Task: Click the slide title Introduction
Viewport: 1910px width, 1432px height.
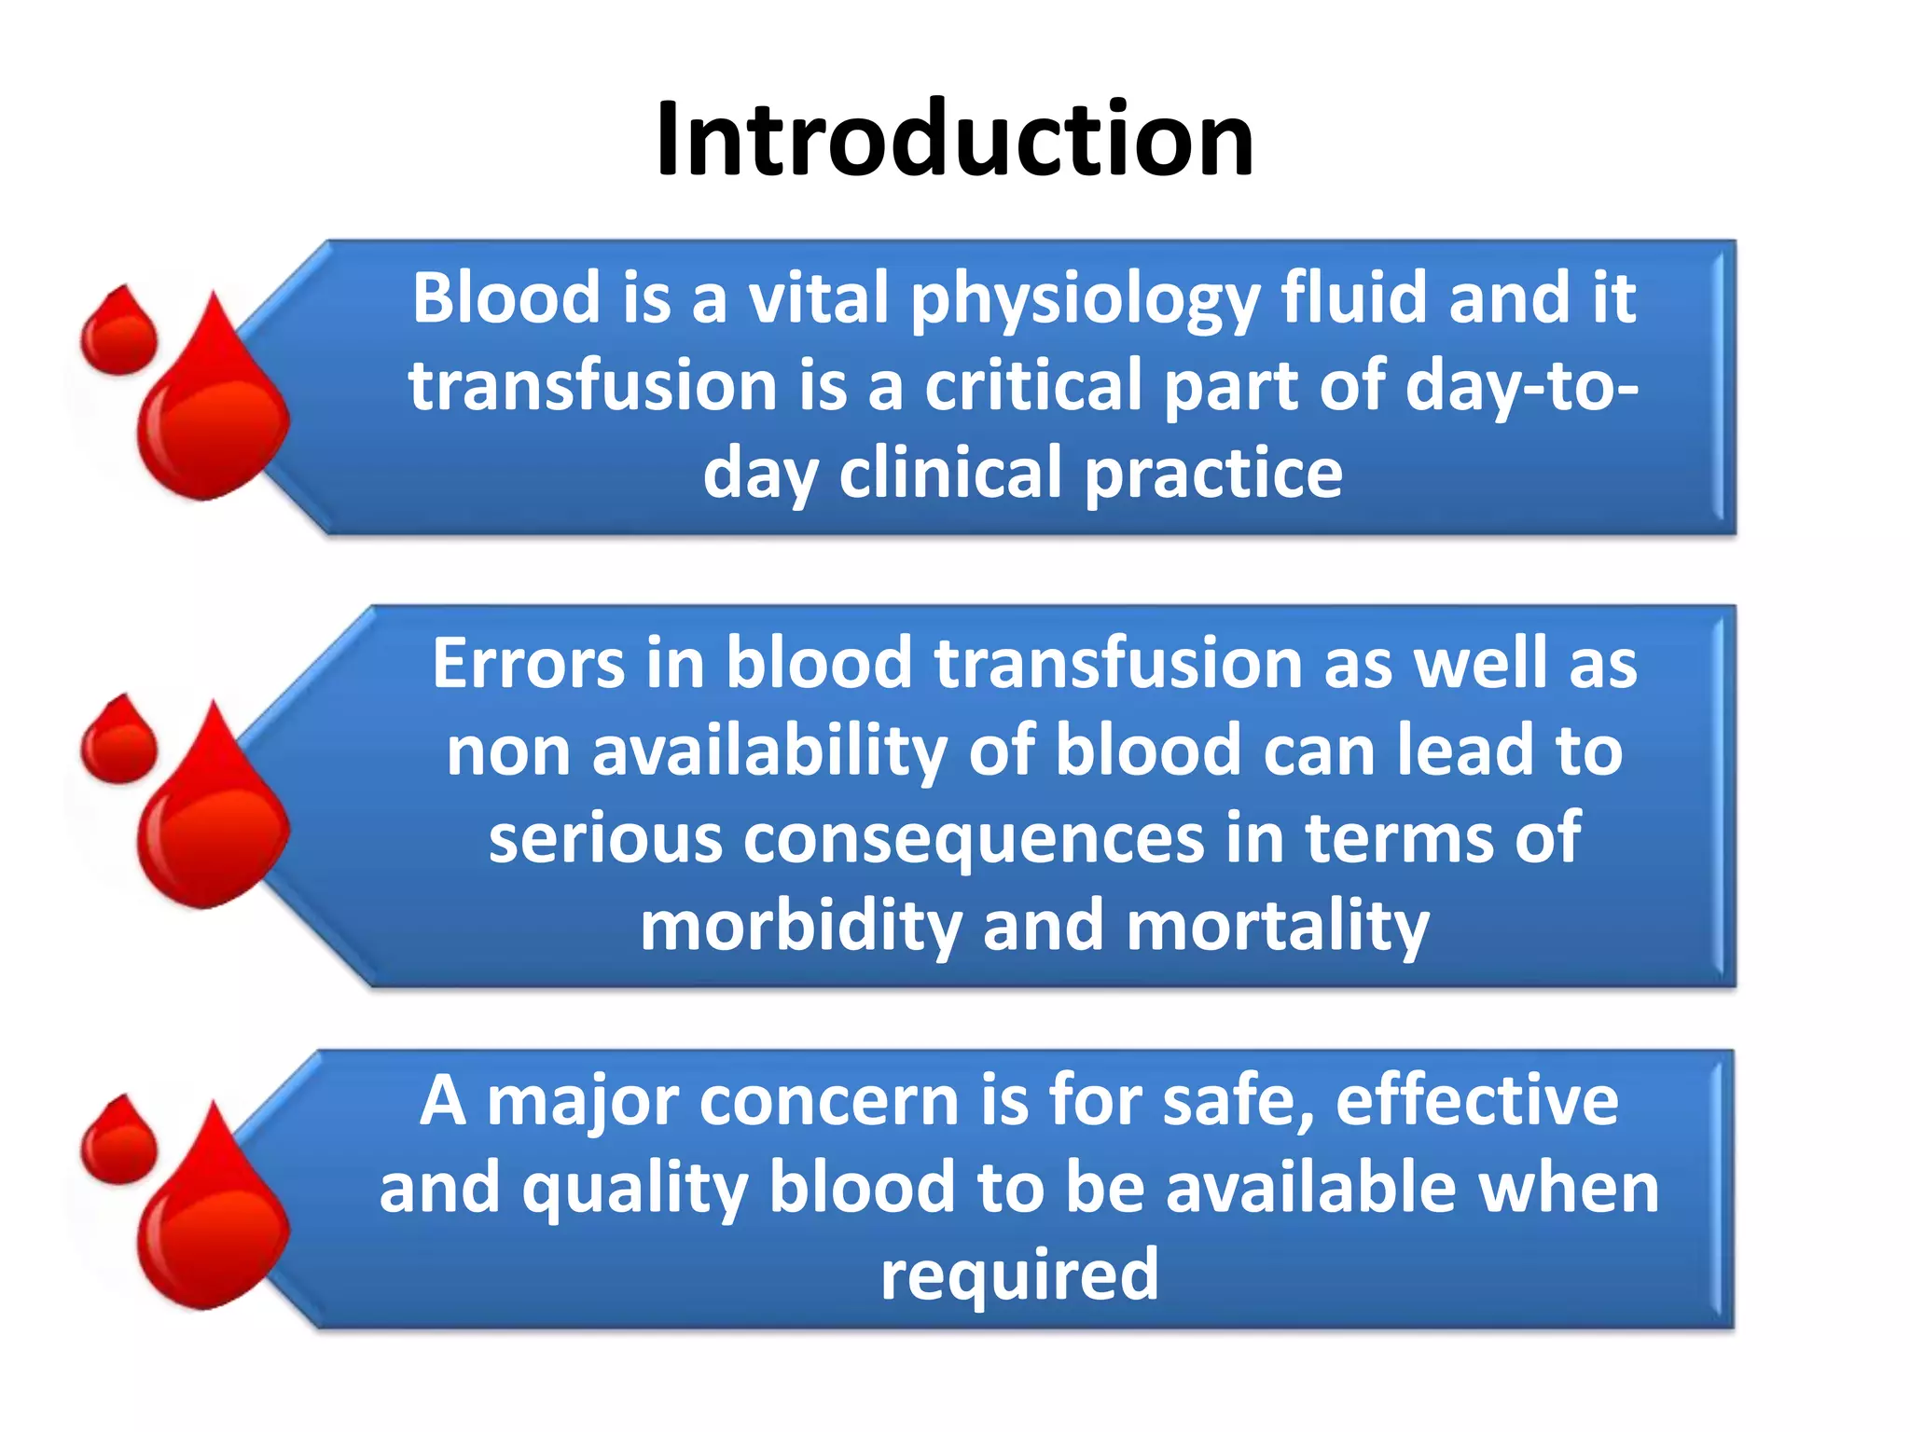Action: [x=954, y=140]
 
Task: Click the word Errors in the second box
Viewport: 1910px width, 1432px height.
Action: [x=528, y=663]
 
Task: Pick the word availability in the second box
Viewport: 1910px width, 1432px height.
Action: [x=769, y=751]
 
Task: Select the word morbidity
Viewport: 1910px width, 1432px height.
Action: [x=800, y=926]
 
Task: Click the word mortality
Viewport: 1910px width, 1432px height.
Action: [x=1278, y=926]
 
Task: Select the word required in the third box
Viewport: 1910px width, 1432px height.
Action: [x=1019, y=1275]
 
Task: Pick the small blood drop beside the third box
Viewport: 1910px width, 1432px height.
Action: [x=118, y=1143]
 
